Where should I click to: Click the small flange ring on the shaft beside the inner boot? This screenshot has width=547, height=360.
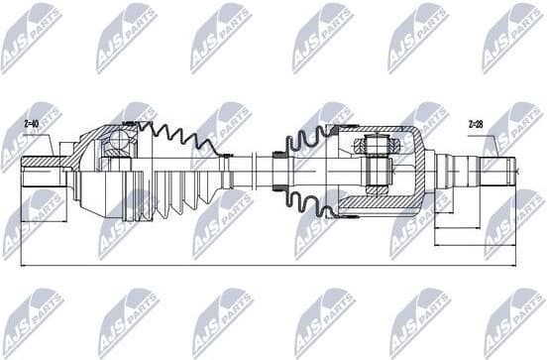pos(277,161)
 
